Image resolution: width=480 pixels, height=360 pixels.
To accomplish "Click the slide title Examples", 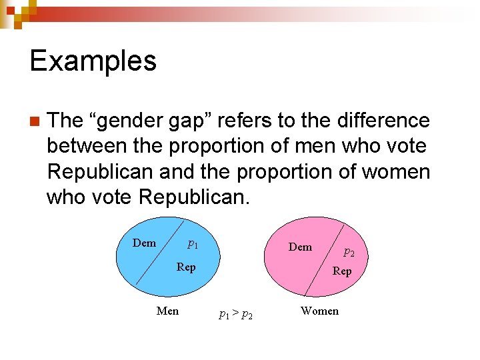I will tap(93, 61).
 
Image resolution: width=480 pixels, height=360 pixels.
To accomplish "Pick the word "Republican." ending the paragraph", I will tap(194, 197).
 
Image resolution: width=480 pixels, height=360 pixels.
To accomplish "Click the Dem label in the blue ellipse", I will tap(144, 243).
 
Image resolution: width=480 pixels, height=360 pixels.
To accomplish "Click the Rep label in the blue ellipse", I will tap(186, 267).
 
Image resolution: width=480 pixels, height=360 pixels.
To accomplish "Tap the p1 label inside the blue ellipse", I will tap(192, 244).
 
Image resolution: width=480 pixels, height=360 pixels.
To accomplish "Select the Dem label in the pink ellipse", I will tap(300, 247).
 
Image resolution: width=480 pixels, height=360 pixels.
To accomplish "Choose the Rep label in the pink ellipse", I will tap(342, 271).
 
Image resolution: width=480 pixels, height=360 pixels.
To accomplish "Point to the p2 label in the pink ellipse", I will tap(349, 252).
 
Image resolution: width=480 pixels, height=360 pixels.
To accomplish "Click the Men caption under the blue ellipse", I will tap(167, 311).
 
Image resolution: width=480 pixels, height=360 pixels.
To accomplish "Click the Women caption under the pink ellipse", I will tap(319, 311).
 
